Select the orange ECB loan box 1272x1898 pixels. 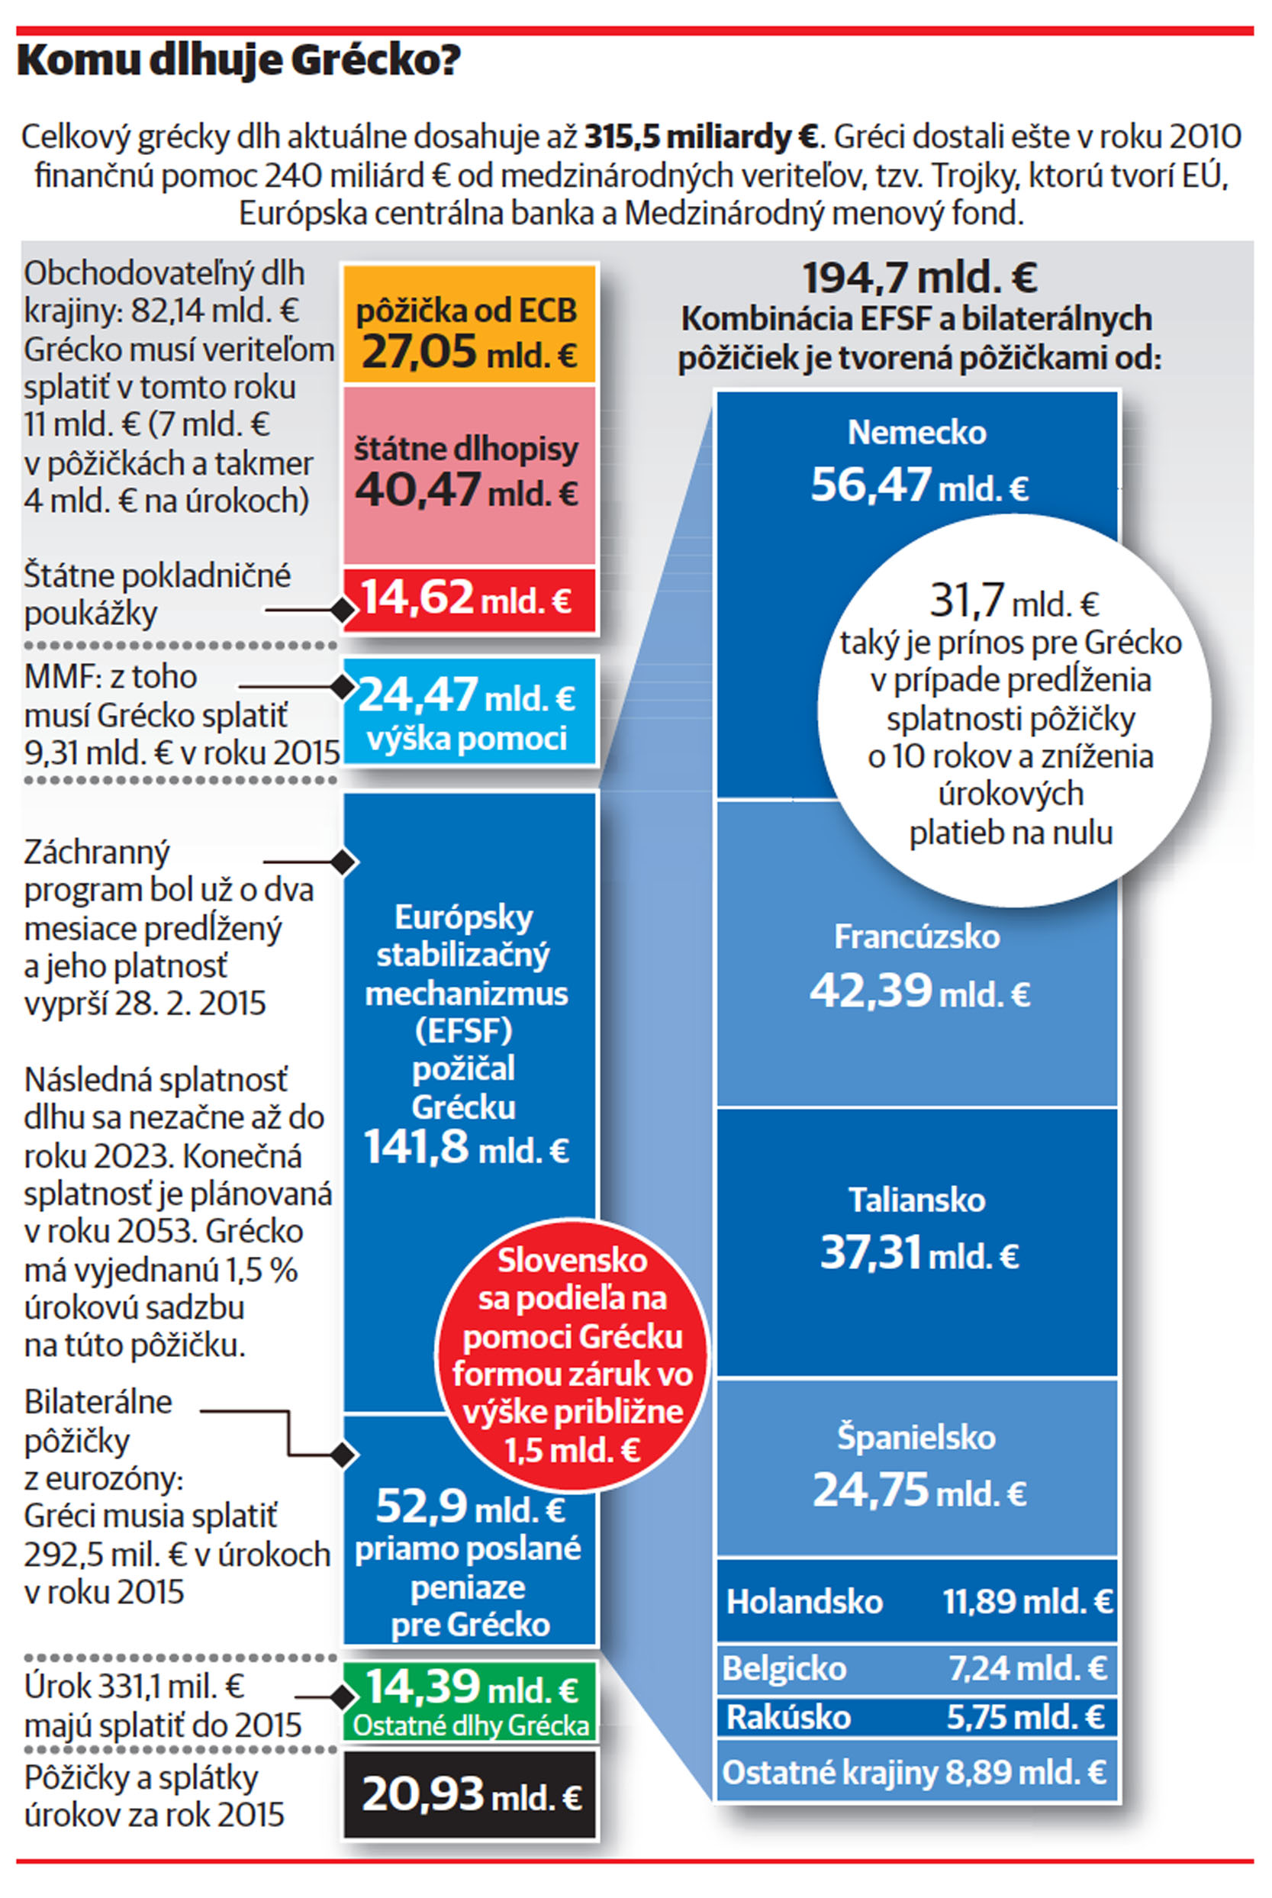(469, 324)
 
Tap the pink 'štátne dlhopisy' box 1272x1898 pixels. (469, 475)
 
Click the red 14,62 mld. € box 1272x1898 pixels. (469, 599)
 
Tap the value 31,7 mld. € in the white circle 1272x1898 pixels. (1014, 601)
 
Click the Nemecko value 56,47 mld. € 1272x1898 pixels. (920, 485)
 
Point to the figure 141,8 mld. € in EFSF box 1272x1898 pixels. (466, 1148)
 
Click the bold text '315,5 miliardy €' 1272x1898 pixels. (701, 137)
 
